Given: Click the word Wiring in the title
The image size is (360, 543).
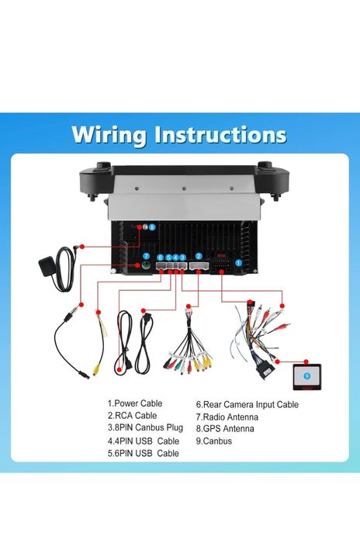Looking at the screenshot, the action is click(109, 135).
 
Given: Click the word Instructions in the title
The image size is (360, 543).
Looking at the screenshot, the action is click(220, 134).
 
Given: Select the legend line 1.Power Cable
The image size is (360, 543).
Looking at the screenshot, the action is click(135, 403).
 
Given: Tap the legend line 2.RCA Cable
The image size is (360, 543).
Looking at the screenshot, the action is click(132, 416).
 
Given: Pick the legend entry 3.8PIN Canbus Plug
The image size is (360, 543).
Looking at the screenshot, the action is click(145, 427).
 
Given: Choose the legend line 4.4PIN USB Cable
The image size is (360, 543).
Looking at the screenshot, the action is click(143, 441).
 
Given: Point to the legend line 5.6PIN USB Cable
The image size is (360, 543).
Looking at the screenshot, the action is click(143, 453).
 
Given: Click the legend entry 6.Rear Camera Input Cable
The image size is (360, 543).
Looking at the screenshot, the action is click(247, 405).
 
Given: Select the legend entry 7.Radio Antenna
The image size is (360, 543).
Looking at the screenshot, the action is click(227, 417).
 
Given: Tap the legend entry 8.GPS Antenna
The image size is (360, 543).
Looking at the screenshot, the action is click(225, 429).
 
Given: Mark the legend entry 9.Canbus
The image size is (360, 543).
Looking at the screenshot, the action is click(214, 441).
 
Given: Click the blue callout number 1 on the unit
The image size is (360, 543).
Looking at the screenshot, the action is click(238, 263).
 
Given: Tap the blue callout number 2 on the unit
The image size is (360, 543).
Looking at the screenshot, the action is click(199, 256).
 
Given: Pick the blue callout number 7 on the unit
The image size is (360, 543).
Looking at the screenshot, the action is click(146, 256).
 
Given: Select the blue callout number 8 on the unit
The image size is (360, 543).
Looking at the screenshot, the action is click(152, 227).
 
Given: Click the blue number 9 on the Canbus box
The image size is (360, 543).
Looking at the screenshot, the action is click(306, 376).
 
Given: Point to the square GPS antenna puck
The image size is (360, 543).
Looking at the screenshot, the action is click(47, 266).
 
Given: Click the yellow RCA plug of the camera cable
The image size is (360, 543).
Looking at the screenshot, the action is click(96, 370).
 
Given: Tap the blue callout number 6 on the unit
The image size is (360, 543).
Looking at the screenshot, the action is click(160, 258).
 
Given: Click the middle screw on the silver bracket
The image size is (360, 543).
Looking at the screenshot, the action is click(184, 188).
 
